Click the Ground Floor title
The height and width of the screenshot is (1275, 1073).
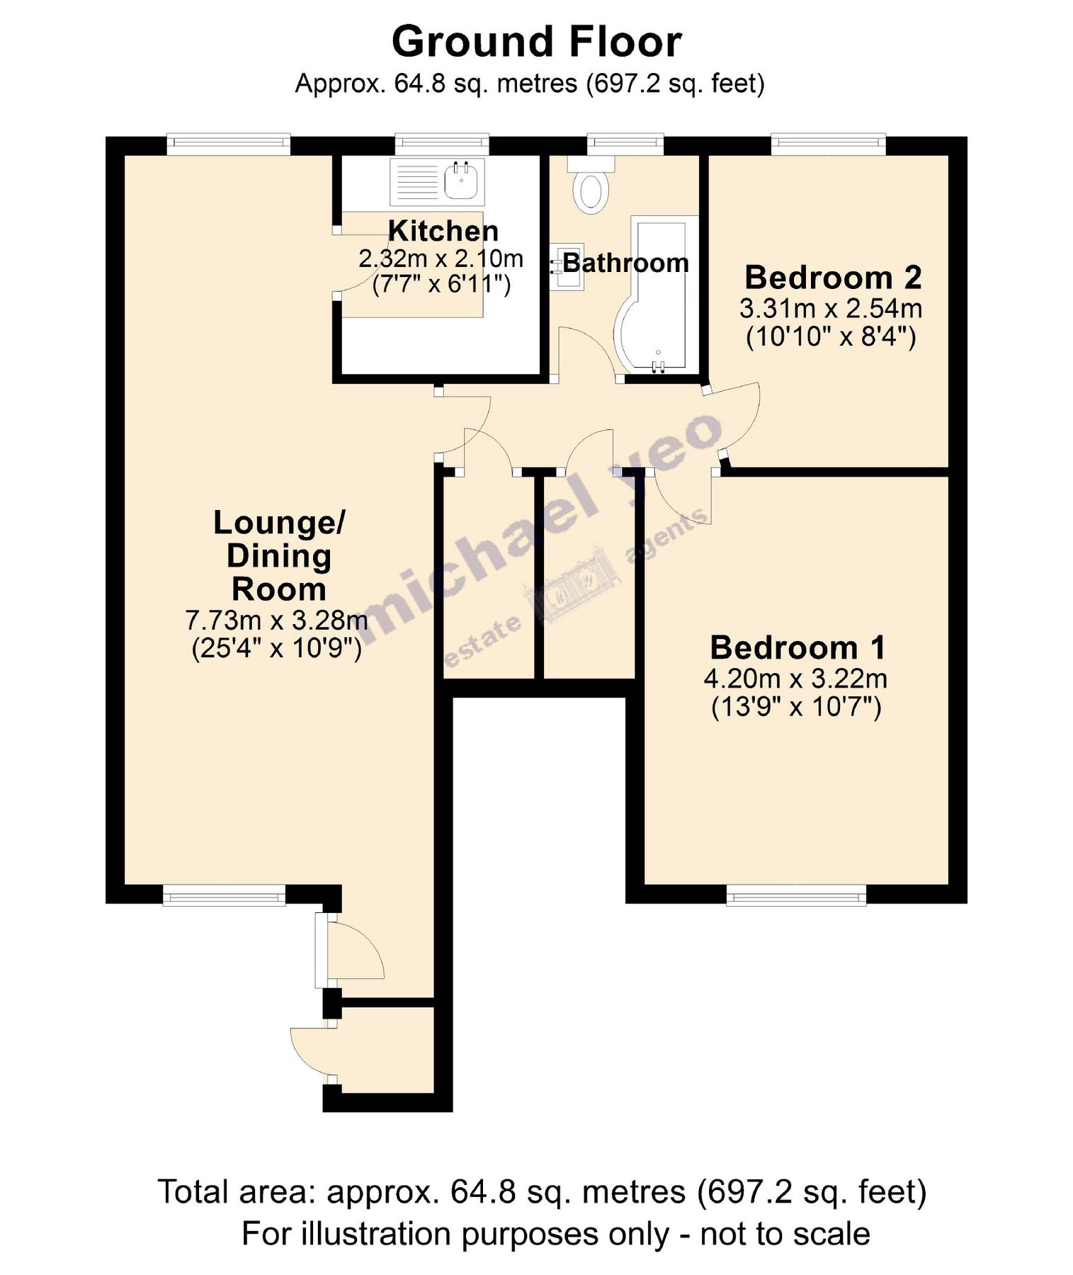536,42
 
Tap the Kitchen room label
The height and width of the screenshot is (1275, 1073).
443,231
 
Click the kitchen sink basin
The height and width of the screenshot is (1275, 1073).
464,181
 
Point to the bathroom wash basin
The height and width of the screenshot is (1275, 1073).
567,267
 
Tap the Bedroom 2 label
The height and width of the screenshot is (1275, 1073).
833,278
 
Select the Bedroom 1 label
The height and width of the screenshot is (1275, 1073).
797,648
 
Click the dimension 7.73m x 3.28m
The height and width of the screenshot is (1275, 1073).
276,620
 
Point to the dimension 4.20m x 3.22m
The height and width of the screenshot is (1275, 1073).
795,679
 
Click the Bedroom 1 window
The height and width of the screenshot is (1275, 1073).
796,897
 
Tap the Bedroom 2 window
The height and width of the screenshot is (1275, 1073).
828,144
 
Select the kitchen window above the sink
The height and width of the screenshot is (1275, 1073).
442,144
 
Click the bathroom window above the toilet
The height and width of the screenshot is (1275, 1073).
625,144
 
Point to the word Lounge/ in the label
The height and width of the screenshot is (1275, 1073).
279,523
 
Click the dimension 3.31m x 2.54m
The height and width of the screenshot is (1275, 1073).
831,309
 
